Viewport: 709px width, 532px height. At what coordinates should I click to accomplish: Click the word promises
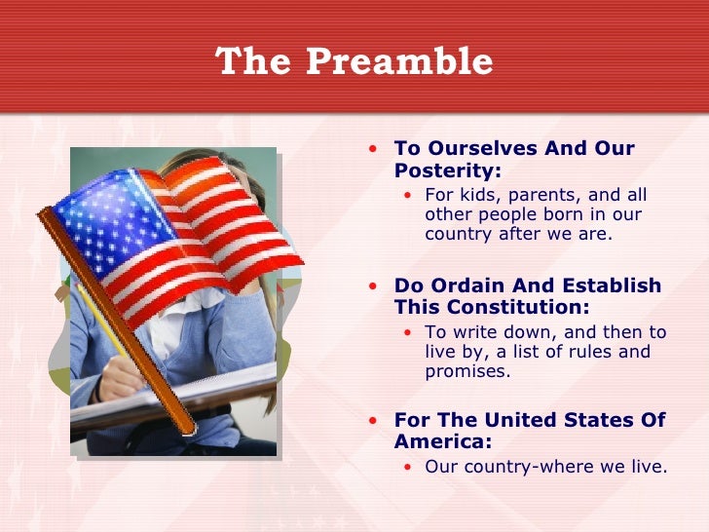[x=467, y=371]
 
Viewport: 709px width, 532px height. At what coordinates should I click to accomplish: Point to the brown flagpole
[x=117, y=322]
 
